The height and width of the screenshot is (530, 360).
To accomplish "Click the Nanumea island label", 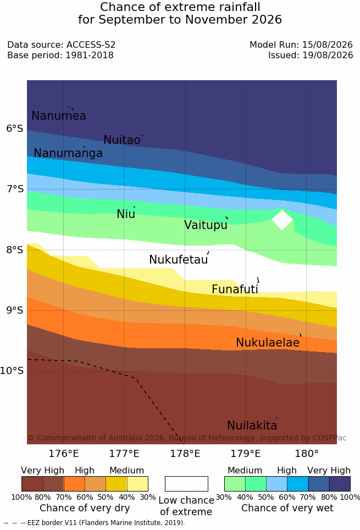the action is [x=58, y=115].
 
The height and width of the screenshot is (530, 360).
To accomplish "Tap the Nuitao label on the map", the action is [x=122, y=140].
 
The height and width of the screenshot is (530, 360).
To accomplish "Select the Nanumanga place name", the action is [x=68, y=153].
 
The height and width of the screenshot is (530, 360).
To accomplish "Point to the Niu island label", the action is [x=126, y=214].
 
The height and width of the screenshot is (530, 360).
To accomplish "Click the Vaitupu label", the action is [x=206, y=225].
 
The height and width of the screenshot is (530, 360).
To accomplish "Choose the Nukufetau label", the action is [x=178, y=259].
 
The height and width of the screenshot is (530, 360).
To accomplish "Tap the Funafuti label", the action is [x=235, y=289].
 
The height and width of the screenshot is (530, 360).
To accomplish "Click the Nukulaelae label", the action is [x=268, y=342].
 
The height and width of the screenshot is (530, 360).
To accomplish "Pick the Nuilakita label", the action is [x=252, y=425].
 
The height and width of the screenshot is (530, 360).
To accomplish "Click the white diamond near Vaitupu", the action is [x=282, y=220].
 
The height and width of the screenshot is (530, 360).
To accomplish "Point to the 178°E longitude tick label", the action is [x=185, y=453].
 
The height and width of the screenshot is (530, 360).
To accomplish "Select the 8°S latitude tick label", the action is [x=15, y=250].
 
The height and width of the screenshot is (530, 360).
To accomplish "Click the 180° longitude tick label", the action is [x=307, y=453].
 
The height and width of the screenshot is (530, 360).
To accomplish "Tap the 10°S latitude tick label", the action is [x=12, y=371].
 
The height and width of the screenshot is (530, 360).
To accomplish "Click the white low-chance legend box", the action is [x=186, y=484].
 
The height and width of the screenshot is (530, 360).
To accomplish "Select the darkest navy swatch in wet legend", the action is [x=340, y=484].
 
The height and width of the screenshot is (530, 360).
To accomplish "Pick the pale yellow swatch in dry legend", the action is [x=137, y=484].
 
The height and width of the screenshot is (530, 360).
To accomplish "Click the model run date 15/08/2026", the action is [x=327, y=44].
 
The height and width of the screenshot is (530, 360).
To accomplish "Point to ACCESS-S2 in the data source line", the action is [x=91, y=44].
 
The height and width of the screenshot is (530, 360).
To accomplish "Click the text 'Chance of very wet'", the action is [x=287, y=508].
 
